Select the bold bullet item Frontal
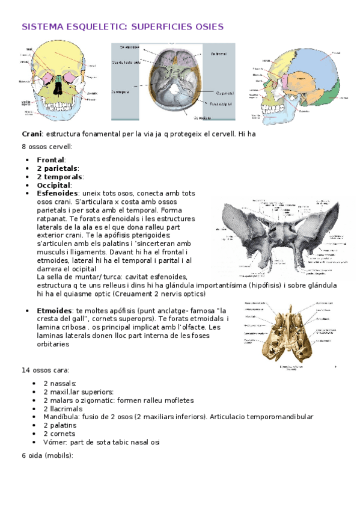[x=51, y=160]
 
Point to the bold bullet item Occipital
[x=53, y=185]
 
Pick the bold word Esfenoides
[x=57, y=194]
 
